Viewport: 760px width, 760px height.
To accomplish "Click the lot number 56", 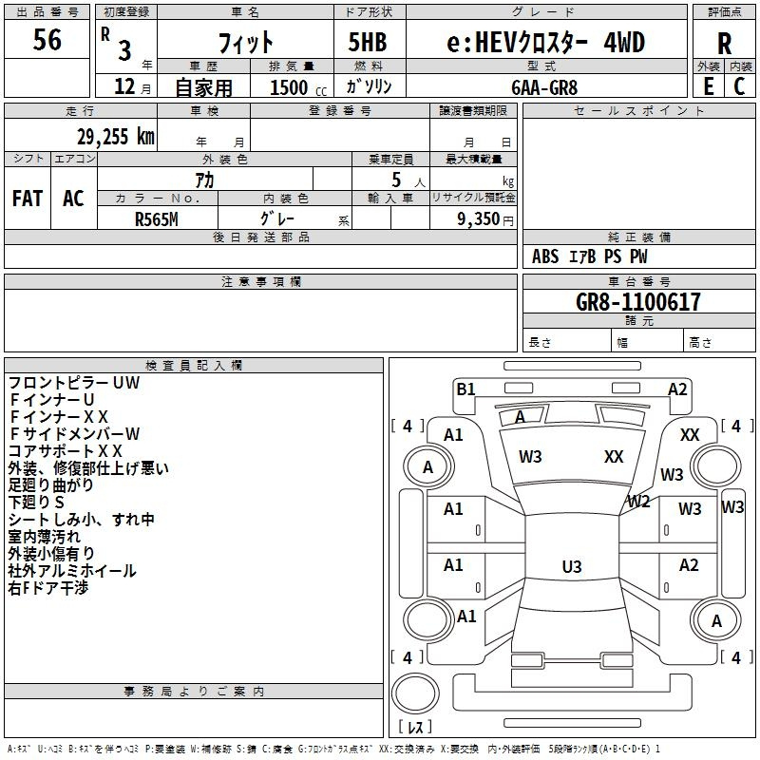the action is click(x=47, y=39).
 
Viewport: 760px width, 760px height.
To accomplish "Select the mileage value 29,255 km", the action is click(x=115, y=137).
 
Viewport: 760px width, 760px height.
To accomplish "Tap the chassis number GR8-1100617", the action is click(x=637, y=301).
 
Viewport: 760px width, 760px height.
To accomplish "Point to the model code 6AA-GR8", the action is click(x=544, y=87).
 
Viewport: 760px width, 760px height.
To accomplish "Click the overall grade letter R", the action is click(x=724, y=44).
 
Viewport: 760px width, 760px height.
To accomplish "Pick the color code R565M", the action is click(x=157, y=219).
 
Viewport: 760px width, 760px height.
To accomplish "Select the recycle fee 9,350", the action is click(x=478, y=218).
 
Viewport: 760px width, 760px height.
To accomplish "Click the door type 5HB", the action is click(x=368, y=42).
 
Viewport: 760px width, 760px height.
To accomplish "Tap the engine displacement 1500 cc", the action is click(x=298, y=87).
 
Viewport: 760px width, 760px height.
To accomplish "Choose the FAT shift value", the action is click(x=28, y=199).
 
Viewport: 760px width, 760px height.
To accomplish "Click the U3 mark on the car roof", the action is click(x=572, y=566).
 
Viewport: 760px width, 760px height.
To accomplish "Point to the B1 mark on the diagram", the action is click(x=465, y=389).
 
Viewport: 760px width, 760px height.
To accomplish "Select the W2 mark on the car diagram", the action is click(x=638, y=502).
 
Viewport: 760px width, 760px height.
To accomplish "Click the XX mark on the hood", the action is click(x=614, y=456).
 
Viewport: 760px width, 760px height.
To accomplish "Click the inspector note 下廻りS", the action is click(x=36, y=502).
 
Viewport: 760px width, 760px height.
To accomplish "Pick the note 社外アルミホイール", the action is click(x=72, y=571).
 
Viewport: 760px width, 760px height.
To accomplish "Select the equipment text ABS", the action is click(x=545, y=256).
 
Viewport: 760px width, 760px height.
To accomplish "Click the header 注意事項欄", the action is click(x=261, y=281).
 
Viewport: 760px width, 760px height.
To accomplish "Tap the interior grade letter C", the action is click(x=739, y=86).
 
